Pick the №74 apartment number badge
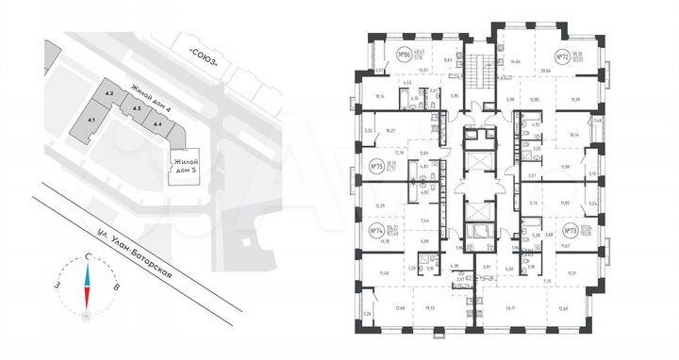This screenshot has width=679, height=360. [376, 229]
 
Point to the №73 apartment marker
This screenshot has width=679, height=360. [571, 229]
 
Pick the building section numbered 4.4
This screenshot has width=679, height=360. [158, 123]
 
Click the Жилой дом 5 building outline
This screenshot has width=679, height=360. [181, 168]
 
